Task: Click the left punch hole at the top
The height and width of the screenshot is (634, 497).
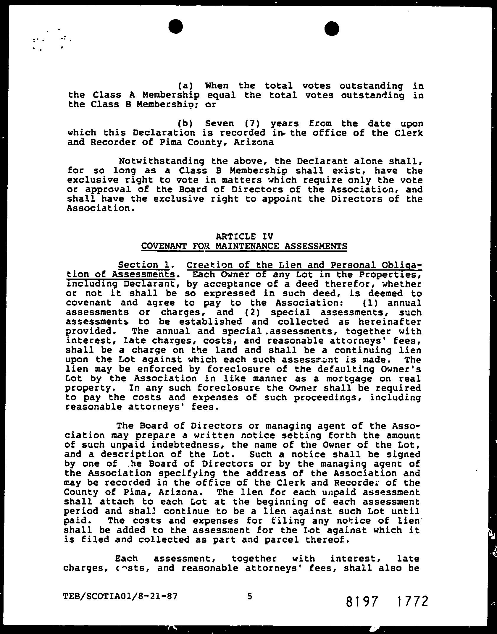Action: pyautogui.click(x=176, y=27)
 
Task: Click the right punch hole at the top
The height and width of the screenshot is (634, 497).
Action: pyautogui.click(x=332, y=29)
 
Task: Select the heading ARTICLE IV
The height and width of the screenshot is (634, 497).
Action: pyautogui.click(x=244, y=236)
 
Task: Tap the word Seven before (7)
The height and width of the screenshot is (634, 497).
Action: pyautogui.click(x=219, y=123)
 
